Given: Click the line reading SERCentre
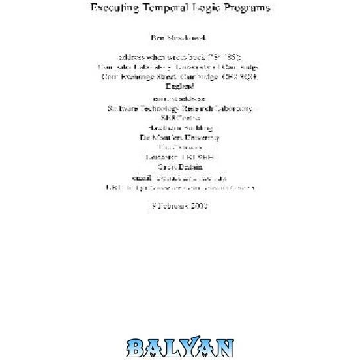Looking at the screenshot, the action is click(179, 118).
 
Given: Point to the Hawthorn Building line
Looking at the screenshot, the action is click(180, 128).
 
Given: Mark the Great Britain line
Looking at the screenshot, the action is click(180, 167).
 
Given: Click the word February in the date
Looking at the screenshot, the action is click(174, 206).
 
